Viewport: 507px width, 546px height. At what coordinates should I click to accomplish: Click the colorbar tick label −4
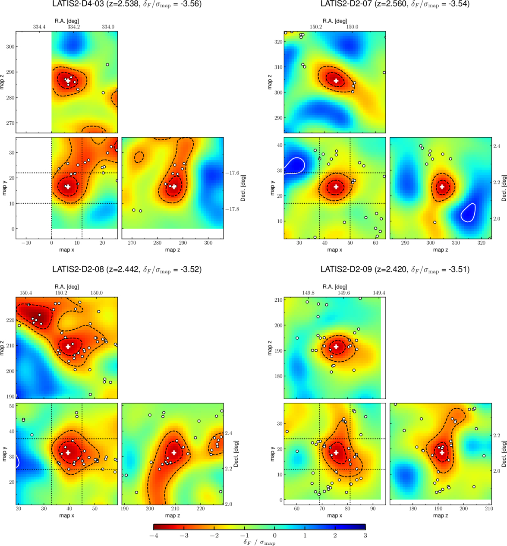154,535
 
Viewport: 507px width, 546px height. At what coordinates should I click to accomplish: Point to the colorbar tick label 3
365,535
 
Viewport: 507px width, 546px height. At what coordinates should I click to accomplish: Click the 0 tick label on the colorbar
274,535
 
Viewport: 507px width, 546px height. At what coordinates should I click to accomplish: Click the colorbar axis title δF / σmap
259,542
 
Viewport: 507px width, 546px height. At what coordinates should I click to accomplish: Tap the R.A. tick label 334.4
39,27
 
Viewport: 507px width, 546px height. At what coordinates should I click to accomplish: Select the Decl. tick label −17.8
232,209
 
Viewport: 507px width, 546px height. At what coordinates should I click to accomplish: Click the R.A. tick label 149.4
379,293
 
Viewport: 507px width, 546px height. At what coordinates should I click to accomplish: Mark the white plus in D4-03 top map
68,81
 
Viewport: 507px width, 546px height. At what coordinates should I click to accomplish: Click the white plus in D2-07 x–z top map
336,81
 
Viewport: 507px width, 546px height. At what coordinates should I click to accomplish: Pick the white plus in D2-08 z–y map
174,452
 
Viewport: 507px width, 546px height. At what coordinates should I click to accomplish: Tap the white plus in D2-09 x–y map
336,452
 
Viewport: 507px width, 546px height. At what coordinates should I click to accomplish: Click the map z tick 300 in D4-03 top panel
10,47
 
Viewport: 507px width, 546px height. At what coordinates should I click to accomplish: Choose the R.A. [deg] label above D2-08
67,287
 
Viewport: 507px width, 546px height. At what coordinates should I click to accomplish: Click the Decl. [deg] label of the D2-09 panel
504,454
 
